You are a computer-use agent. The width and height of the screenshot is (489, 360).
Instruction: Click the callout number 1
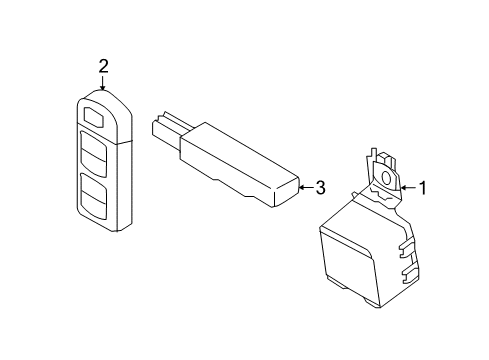[423, 186]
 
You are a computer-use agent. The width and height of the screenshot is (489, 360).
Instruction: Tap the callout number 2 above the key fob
[102, 66]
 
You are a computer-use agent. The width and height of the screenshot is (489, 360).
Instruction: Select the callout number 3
[319, 186]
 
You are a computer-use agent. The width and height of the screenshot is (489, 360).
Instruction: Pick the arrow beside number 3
[304, 186]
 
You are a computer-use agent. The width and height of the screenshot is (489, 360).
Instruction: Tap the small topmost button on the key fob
[95, 116]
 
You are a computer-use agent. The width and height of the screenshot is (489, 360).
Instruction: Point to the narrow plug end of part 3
[163, 128]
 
